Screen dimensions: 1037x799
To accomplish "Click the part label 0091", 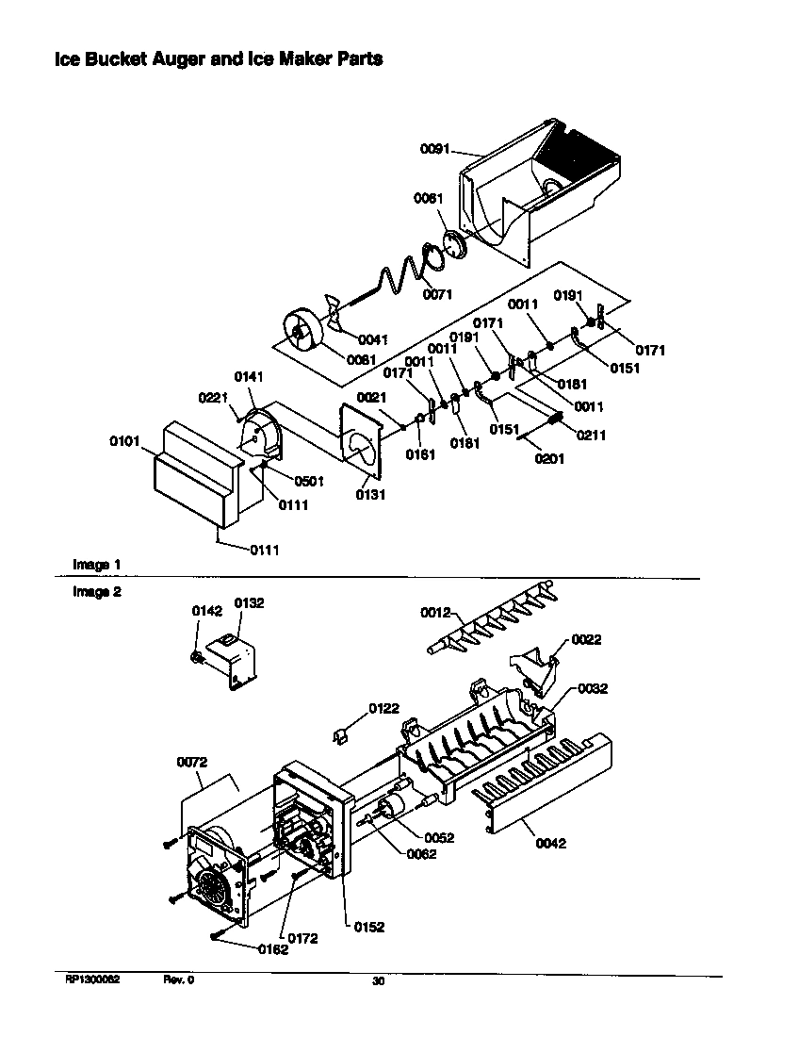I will click(x=434, y=148).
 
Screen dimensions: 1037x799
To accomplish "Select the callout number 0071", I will click(x=437, y=294).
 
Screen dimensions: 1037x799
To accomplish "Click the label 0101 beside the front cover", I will click(x=124, y=440).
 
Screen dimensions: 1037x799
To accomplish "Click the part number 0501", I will click(x=309, y=481).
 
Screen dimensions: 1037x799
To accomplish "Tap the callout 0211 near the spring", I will click(x=591, y=436).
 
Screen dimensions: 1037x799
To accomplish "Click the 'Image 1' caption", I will click(x=97, y=564).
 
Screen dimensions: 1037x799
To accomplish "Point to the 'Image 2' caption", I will click(x=97, y=592).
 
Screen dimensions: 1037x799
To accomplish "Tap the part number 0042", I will click(x=550, y=843).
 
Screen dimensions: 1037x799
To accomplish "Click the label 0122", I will click(x=383, y=708).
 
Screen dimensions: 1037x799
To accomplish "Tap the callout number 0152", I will click(x=369, y=927).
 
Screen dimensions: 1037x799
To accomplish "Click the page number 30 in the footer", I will click(x=378, y=981).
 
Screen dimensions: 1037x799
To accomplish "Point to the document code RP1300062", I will click(x=92, y=980).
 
